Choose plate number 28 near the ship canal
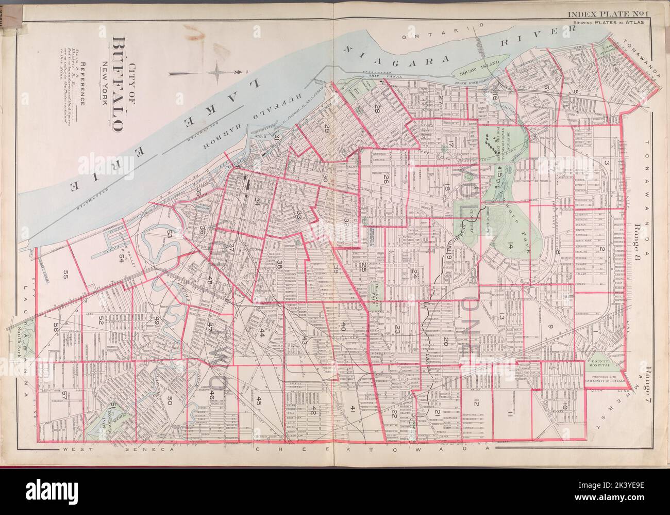click(377, 108)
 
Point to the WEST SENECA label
click(120, 450)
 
